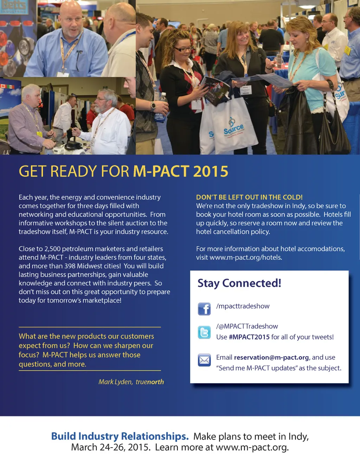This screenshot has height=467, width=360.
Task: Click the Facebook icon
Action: [204, 309]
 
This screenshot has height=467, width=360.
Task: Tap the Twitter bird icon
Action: [204, 332]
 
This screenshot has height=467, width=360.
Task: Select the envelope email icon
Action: [204, 360]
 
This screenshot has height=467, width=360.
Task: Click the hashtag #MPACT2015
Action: [249, 337]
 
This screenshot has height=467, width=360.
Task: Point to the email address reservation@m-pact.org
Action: [271, 357]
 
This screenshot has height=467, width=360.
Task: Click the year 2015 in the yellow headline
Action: [211, 171]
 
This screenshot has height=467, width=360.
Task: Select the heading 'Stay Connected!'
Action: [239, 283]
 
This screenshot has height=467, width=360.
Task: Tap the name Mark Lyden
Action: [115, 382]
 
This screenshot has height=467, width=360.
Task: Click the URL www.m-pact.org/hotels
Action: [246, 258]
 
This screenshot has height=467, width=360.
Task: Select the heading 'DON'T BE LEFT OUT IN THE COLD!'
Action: [249, 197]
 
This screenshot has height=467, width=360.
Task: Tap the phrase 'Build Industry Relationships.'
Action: [120, 436]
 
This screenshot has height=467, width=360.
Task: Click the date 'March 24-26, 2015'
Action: [111, 447]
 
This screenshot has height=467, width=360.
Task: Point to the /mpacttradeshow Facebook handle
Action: [243, 306]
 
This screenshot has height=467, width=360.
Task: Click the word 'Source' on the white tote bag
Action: [234, 129]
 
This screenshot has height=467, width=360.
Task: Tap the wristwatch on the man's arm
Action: [153, 106]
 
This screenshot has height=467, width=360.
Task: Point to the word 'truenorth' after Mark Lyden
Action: [150, 382]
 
